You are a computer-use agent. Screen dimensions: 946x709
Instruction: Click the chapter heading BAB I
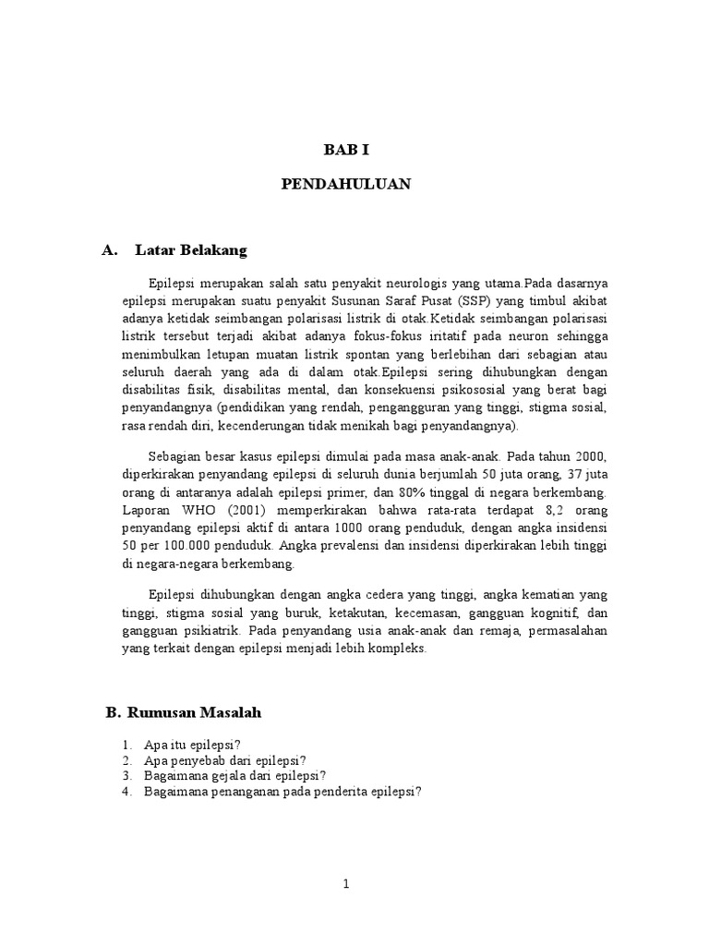[x=345, y=148]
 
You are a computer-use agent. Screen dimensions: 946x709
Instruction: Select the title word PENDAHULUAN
[x=345, y=185]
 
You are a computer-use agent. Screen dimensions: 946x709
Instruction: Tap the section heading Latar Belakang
[x=191, y=249]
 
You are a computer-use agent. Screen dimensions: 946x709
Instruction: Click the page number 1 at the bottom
[x=346, y=884]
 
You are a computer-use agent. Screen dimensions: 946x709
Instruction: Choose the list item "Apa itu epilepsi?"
[x=192, y=745]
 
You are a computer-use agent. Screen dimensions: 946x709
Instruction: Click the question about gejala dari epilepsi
[x=235, y=776]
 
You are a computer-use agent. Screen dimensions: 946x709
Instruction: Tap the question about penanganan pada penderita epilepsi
[x=282, y=792]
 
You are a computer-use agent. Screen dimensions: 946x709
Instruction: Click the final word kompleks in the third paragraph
[x=399, y=649]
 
